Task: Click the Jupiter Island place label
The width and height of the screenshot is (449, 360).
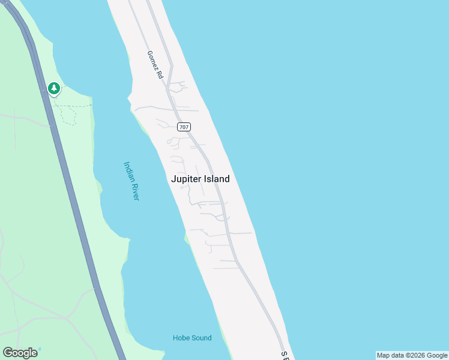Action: coord(200,179)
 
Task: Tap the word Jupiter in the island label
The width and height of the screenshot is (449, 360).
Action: coord(185,179)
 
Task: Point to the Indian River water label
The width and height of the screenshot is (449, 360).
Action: coord(131,181)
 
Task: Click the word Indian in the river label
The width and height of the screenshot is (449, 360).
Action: coord(128,170)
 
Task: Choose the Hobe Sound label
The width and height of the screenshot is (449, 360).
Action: coord(192,338)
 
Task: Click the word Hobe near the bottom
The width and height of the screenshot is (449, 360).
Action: coord(181,338)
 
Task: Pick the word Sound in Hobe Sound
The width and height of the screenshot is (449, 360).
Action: coord(201,338)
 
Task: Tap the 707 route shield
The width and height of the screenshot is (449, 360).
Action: coord(184,127)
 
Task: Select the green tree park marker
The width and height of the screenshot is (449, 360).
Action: coord(54,89)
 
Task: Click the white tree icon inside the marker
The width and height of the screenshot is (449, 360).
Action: coord(54,88)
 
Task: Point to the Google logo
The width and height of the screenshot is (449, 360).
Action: coord(20,353)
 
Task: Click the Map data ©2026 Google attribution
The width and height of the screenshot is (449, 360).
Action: coord(412,355)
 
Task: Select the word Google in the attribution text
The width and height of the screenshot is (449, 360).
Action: coord(437,355)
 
